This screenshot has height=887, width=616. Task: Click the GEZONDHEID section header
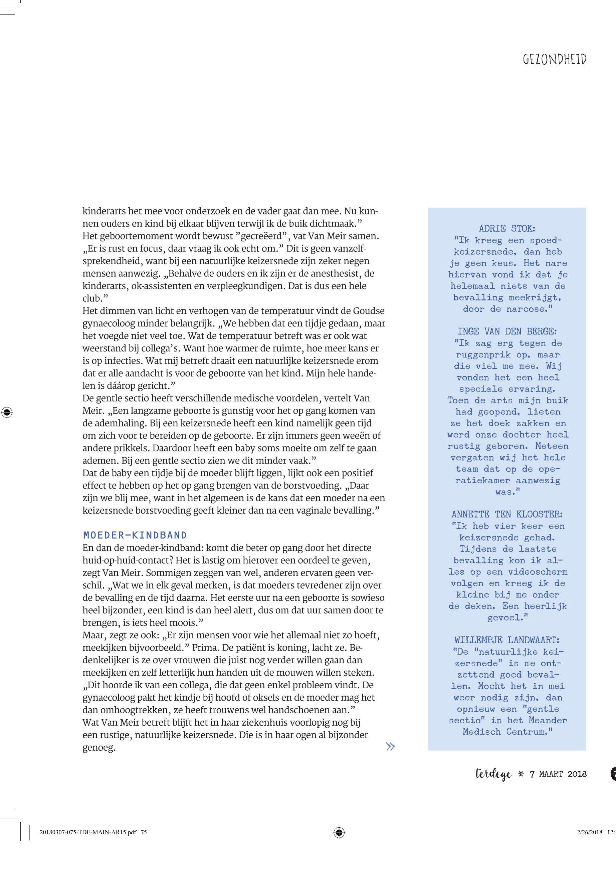[x=554, y=60]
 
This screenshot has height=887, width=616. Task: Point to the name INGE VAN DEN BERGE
[x=507, y=331]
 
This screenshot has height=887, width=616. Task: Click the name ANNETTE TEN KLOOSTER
[x=507, y=514]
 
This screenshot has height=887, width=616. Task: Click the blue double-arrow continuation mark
[x=390, y=747]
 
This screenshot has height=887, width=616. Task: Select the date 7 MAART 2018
[x=558, y=774]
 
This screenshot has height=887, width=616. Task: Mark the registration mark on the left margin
[x=7, y=412]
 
